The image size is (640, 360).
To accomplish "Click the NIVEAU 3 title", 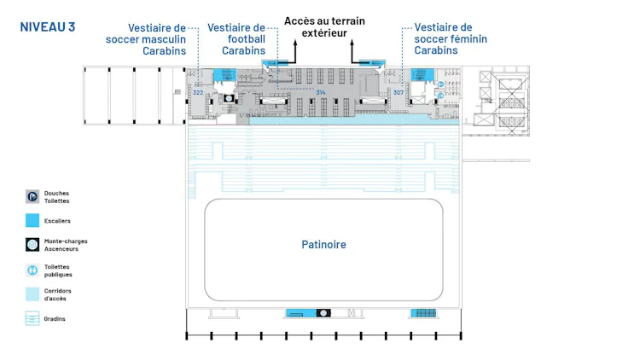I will pos(47,27).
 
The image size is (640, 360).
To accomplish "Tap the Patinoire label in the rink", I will pos(323,245).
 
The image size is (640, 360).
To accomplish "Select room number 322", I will pos(198,92).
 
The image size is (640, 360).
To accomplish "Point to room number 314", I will pos(321,92).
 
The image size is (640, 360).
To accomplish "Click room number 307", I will pos(398,92).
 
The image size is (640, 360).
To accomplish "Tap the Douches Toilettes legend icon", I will pos(32,196).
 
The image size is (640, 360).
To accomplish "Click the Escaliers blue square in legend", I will pos(32,220).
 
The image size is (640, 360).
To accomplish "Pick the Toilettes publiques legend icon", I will pos(32,270).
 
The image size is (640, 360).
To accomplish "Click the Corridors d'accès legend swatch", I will pos(32,294).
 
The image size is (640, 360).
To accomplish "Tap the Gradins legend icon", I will pos(32,319).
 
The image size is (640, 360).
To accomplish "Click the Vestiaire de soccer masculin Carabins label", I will pos(146,38).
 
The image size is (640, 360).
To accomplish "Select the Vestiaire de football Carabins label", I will pos(236,38).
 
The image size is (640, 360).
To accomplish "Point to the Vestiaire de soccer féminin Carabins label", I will pos(443,38).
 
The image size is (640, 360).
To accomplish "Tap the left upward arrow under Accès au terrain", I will pos(294,53).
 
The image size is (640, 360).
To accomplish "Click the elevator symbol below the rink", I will pos(323,313).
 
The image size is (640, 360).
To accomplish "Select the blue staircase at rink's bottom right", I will pos(423,313).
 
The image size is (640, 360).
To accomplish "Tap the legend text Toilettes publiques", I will pos(58,270).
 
